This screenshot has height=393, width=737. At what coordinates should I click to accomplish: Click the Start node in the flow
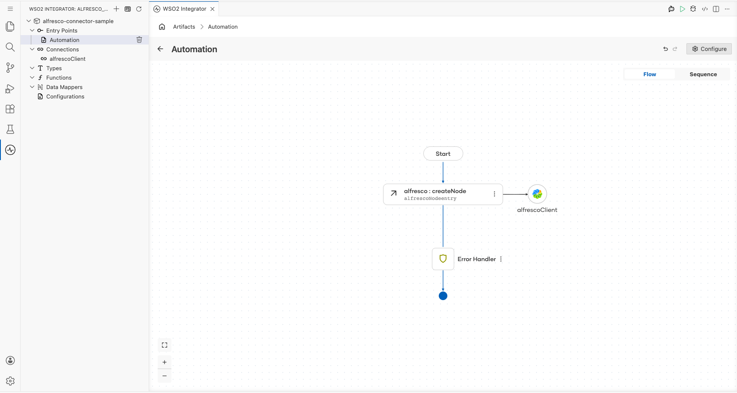[x=443, y=154]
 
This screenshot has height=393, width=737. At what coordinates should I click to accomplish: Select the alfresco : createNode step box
[x=443, y=194]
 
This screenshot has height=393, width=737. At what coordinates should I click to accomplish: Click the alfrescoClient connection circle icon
[x=537, y=194]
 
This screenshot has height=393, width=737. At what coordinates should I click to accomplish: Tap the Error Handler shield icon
[x=443, y=259]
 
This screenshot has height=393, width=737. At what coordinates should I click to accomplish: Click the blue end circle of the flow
[x=443, y=296]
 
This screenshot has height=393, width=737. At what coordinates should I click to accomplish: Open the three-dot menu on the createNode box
[x=494, y=194]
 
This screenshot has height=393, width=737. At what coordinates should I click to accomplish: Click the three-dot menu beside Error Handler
[x=501, y=259]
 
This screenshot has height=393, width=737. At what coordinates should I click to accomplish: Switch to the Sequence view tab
[x=703, y=74]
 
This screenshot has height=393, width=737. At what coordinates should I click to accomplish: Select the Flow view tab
[x=650, y=74]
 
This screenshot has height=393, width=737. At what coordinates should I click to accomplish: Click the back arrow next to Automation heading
[x=160, y=49]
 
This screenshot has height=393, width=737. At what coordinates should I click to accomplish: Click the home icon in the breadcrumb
[x=162, y=27]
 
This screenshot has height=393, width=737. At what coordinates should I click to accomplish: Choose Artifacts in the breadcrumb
[x=184, y=27]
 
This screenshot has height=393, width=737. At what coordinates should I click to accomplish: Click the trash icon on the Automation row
[x=139, y=40]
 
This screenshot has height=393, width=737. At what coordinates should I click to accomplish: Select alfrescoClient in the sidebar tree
[x=67, y=59]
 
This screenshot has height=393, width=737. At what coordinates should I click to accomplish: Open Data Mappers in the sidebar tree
[x=64, y=87]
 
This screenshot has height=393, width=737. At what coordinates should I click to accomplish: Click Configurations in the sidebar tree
[x=65, y=96]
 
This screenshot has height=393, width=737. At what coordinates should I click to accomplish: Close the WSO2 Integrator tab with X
[x=213, y=9]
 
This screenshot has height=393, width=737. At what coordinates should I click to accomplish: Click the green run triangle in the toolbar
[x=683, y=9]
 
